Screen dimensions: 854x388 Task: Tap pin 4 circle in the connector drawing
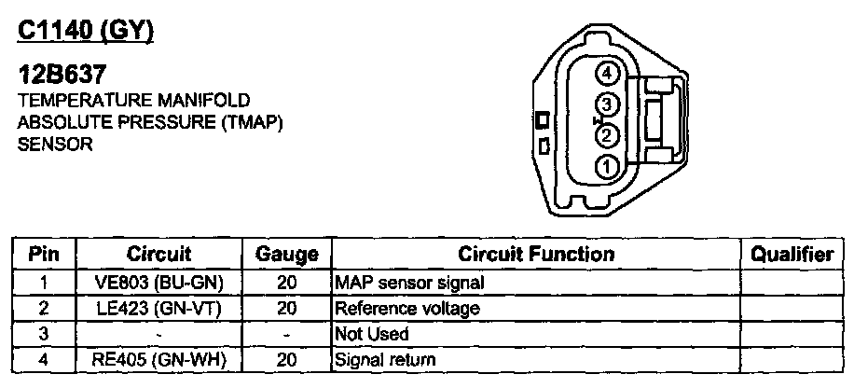(x=607, y=73)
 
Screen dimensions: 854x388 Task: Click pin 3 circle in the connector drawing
(x=607, y=104)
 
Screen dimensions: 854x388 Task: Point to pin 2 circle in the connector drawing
(x=607, y=136)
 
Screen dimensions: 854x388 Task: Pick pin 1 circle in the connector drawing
(x=607, y=168)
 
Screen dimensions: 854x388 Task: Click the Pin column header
(x=44, y=255)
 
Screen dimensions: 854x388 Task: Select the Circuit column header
(x=158, y=255)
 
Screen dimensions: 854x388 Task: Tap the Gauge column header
(x=286, y=255)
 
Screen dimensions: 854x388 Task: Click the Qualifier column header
(x=792, y=255)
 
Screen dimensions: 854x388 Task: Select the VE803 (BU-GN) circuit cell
(x=158, y=282)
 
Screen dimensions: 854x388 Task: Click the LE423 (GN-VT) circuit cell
(x=158, y=307)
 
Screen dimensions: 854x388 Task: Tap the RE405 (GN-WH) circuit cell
(x=158, y=358)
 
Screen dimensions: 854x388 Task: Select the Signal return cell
(x=384, y=358)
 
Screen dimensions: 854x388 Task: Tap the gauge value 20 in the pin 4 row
(x=286, y=358)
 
